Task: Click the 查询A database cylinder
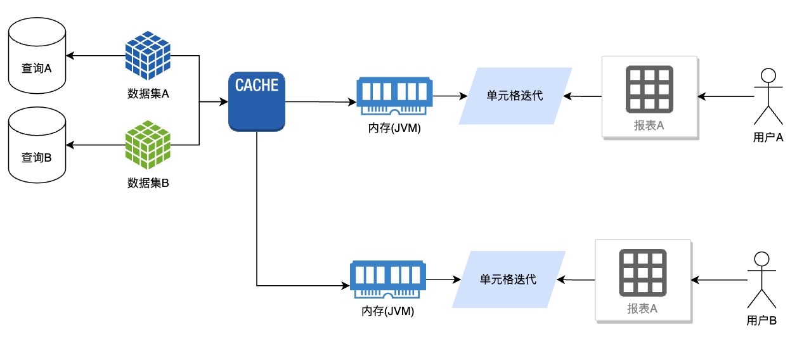(x=37, y=56)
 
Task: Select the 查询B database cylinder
(x=37, y=145)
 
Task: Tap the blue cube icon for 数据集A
(x=148, y=55)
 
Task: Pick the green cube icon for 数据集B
(x=148, y=145)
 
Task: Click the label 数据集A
(x=148, y=93)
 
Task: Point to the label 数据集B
(x=148, y=183)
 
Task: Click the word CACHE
(x=257, y=85)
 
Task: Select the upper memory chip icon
(x=394, y=96)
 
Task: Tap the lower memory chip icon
(x=388, y=280)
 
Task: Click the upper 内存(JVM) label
(x=394, y=127)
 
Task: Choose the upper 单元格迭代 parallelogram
(x=515, y=96)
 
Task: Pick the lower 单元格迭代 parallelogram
(x=508, y=280)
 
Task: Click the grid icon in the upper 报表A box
(x=649, y=89)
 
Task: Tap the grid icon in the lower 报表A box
(x=642, y=273)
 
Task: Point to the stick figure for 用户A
(x=768, y=96)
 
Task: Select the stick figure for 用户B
(x=761, y=280)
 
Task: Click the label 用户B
(x=761, y=321)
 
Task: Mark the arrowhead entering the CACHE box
(x=224, y=102)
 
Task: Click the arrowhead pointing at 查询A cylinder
(x=70, y=56)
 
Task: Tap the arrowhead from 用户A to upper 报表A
(x=702, y=96)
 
